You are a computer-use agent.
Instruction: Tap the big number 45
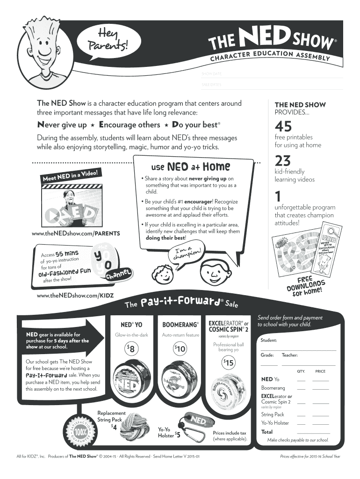[x=283, y=126]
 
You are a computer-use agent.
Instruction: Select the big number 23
[x=283, y=161]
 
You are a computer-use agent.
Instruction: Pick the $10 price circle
[x=180, y=348]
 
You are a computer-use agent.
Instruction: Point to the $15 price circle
[x=229, y=363]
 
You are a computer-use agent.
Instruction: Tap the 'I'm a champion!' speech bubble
[x=186, y=254]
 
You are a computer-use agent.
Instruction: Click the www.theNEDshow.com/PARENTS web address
[x=76, y=233]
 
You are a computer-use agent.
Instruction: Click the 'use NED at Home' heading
[x=190, y=167]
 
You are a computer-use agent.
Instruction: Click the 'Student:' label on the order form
[x=269, y=340]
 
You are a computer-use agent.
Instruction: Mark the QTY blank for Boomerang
[x=301, y=388]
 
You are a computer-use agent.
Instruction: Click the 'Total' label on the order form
[x=267, y=432]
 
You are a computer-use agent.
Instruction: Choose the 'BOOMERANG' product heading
[x=180, y=324]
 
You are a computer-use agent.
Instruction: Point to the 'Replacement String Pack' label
[x=111, y=416]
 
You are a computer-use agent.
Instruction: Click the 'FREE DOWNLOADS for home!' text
[x=306, y=287]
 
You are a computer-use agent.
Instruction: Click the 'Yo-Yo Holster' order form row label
[x=275, y=423]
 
